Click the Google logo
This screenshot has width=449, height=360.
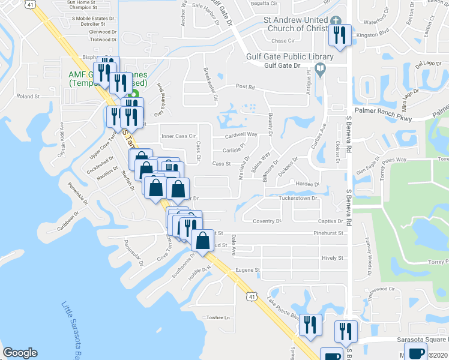(20, 353)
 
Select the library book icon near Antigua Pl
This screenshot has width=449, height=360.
(321, 71)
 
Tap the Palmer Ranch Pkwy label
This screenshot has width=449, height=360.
(381, 110)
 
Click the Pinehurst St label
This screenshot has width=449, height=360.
(328, 232)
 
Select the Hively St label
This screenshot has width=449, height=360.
(332, 258)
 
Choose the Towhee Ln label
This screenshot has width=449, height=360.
(218, 317)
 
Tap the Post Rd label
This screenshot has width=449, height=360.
(246, 87)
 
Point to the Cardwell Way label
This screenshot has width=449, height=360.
(241, 134)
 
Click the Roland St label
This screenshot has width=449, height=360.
(28, 96)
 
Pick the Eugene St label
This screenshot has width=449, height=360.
(247, 270)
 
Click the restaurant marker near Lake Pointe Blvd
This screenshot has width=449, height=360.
(310, 325)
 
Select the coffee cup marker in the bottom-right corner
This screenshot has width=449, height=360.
(416, 353)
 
